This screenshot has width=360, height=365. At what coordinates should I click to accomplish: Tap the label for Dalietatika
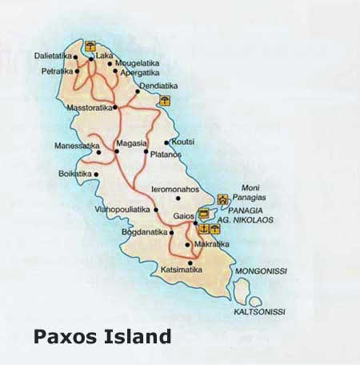(x=52, y=57)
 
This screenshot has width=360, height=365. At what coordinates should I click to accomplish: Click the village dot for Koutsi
(x=166, y=142)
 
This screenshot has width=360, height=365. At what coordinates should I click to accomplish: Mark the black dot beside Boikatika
(x=96, y=174)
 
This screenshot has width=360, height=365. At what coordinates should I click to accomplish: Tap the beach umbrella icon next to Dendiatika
(x=165, y=100)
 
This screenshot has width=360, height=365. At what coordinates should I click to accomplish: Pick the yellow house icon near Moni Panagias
(x=223, y=199)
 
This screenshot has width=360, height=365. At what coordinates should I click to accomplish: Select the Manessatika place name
(x=76, y=146)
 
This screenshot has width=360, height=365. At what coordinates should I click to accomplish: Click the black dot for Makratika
(x=187, y=244)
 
